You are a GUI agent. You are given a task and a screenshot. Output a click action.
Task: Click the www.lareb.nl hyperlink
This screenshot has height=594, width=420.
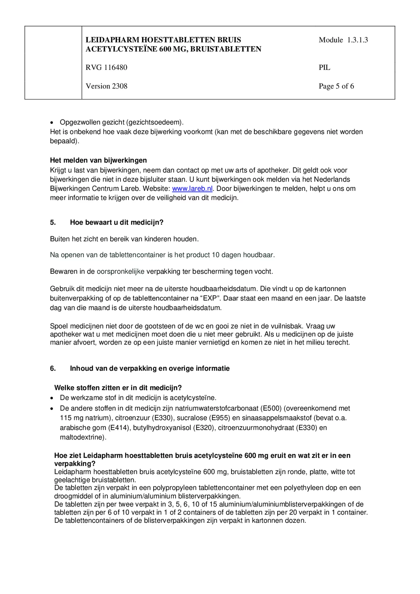pos(192,189)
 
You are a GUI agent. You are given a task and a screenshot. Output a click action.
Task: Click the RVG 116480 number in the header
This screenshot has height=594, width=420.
pos(106,68)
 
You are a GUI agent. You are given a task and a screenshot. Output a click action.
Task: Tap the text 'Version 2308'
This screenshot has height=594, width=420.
pos(106,86)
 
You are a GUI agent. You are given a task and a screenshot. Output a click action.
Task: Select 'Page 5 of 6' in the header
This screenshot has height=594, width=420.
pos(336,86)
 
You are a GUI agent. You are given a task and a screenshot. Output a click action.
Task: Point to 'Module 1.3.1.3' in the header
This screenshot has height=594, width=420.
pos(343,40)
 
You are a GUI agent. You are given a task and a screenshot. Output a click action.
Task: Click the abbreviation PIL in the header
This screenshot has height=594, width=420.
pos(324,68)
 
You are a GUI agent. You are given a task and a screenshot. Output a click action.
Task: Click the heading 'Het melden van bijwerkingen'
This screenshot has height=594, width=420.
pos(98,160)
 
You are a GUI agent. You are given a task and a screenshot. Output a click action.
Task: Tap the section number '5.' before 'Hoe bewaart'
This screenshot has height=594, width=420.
pos(53,222)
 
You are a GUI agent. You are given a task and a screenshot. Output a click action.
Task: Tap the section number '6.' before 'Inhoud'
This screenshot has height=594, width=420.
pos(53,368)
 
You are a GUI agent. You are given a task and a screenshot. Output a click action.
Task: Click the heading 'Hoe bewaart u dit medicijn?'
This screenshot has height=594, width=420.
pos(116,222)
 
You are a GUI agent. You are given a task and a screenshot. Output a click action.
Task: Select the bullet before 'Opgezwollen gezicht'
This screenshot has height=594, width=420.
pos(51,123)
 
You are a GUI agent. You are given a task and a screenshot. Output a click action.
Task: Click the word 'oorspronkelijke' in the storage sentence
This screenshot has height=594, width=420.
pos(120,272)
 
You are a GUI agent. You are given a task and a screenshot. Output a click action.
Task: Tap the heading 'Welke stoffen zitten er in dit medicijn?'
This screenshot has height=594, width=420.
pos(118,388)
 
